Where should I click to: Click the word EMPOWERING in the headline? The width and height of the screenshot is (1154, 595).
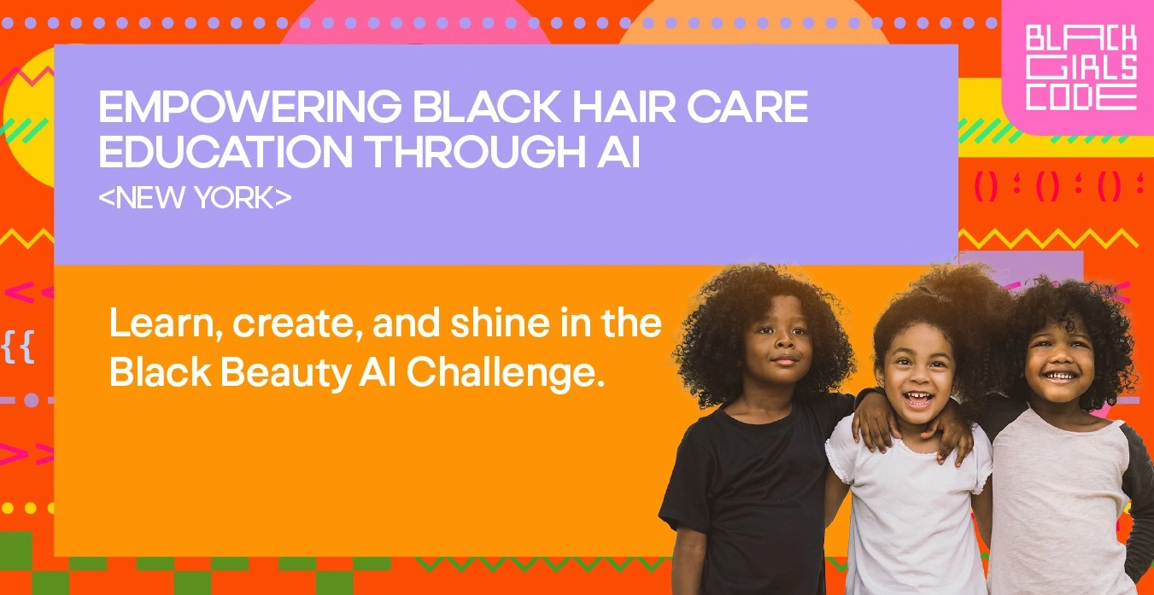point(250,106)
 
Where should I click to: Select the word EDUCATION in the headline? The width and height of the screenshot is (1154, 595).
point(226,151)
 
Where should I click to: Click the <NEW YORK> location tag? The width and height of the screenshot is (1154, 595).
point(195,197)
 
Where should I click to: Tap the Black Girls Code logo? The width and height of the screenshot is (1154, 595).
point(1081,67)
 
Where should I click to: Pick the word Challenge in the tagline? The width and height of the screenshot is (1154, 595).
point(506,373)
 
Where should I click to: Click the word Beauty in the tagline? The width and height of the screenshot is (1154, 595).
point(286,373)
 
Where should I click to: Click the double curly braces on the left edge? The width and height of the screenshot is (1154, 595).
point(18,347)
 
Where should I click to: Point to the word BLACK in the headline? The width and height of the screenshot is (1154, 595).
point(487,106)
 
